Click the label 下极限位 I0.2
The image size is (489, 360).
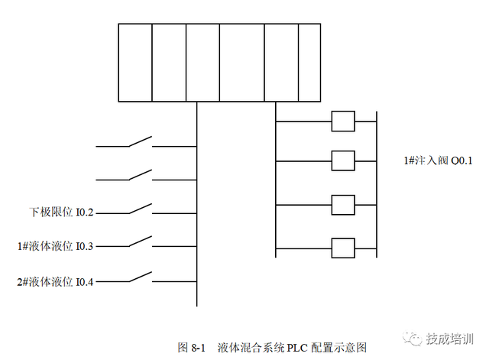(61, 211)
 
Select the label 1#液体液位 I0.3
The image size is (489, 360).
(55, 246)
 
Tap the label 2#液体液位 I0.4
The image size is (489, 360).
(55, 282)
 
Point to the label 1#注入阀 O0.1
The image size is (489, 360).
(439, 161)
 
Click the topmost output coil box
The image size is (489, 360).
(343, 121)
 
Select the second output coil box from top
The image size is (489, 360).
(343, 161)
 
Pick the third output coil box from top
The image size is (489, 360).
(343, 206)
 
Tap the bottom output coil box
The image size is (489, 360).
(343, 248)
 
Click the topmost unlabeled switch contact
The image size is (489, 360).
(139, 142)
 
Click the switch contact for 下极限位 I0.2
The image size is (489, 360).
(139, 209)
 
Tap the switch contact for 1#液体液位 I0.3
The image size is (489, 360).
(139, 243)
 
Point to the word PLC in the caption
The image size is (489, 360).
(297, 347)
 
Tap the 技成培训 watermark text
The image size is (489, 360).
(451, 339)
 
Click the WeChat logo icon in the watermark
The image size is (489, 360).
(413, 339)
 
